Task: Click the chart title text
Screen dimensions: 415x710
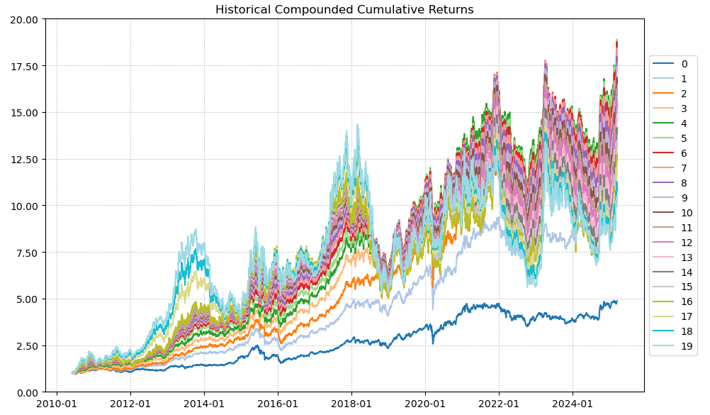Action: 344,10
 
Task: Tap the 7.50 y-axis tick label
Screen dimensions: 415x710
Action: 28,253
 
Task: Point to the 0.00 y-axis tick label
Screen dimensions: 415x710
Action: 28,392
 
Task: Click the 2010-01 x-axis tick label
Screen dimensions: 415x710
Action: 57,404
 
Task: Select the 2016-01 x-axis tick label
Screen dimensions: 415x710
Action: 278,404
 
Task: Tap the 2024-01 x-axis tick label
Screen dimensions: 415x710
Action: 573,404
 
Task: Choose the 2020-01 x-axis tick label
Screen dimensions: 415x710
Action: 425,404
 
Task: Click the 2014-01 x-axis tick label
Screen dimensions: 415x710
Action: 204,404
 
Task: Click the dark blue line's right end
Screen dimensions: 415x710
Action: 616,301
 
